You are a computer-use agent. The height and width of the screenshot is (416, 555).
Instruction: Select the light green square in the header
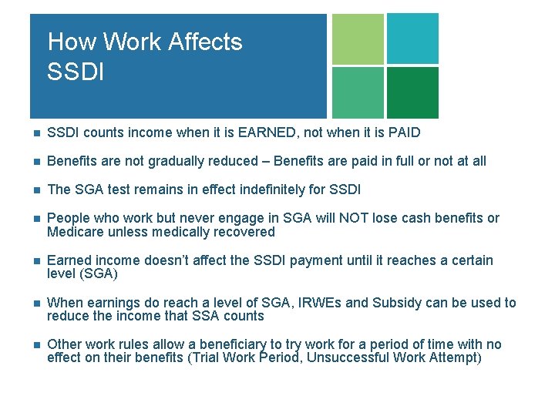[358, 39]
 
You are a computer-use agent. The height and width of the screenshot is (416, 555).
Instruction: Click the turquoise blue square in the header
[412, 39]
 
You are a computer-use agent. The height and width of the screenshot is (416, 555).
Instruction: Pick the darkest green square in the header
[412, 92]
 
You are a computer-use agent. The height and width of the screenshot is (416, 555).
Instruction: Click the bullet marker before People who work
[34, 219]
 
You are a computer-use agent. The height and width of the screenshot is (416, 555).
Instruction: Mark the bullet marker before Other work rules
[34, 345]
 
